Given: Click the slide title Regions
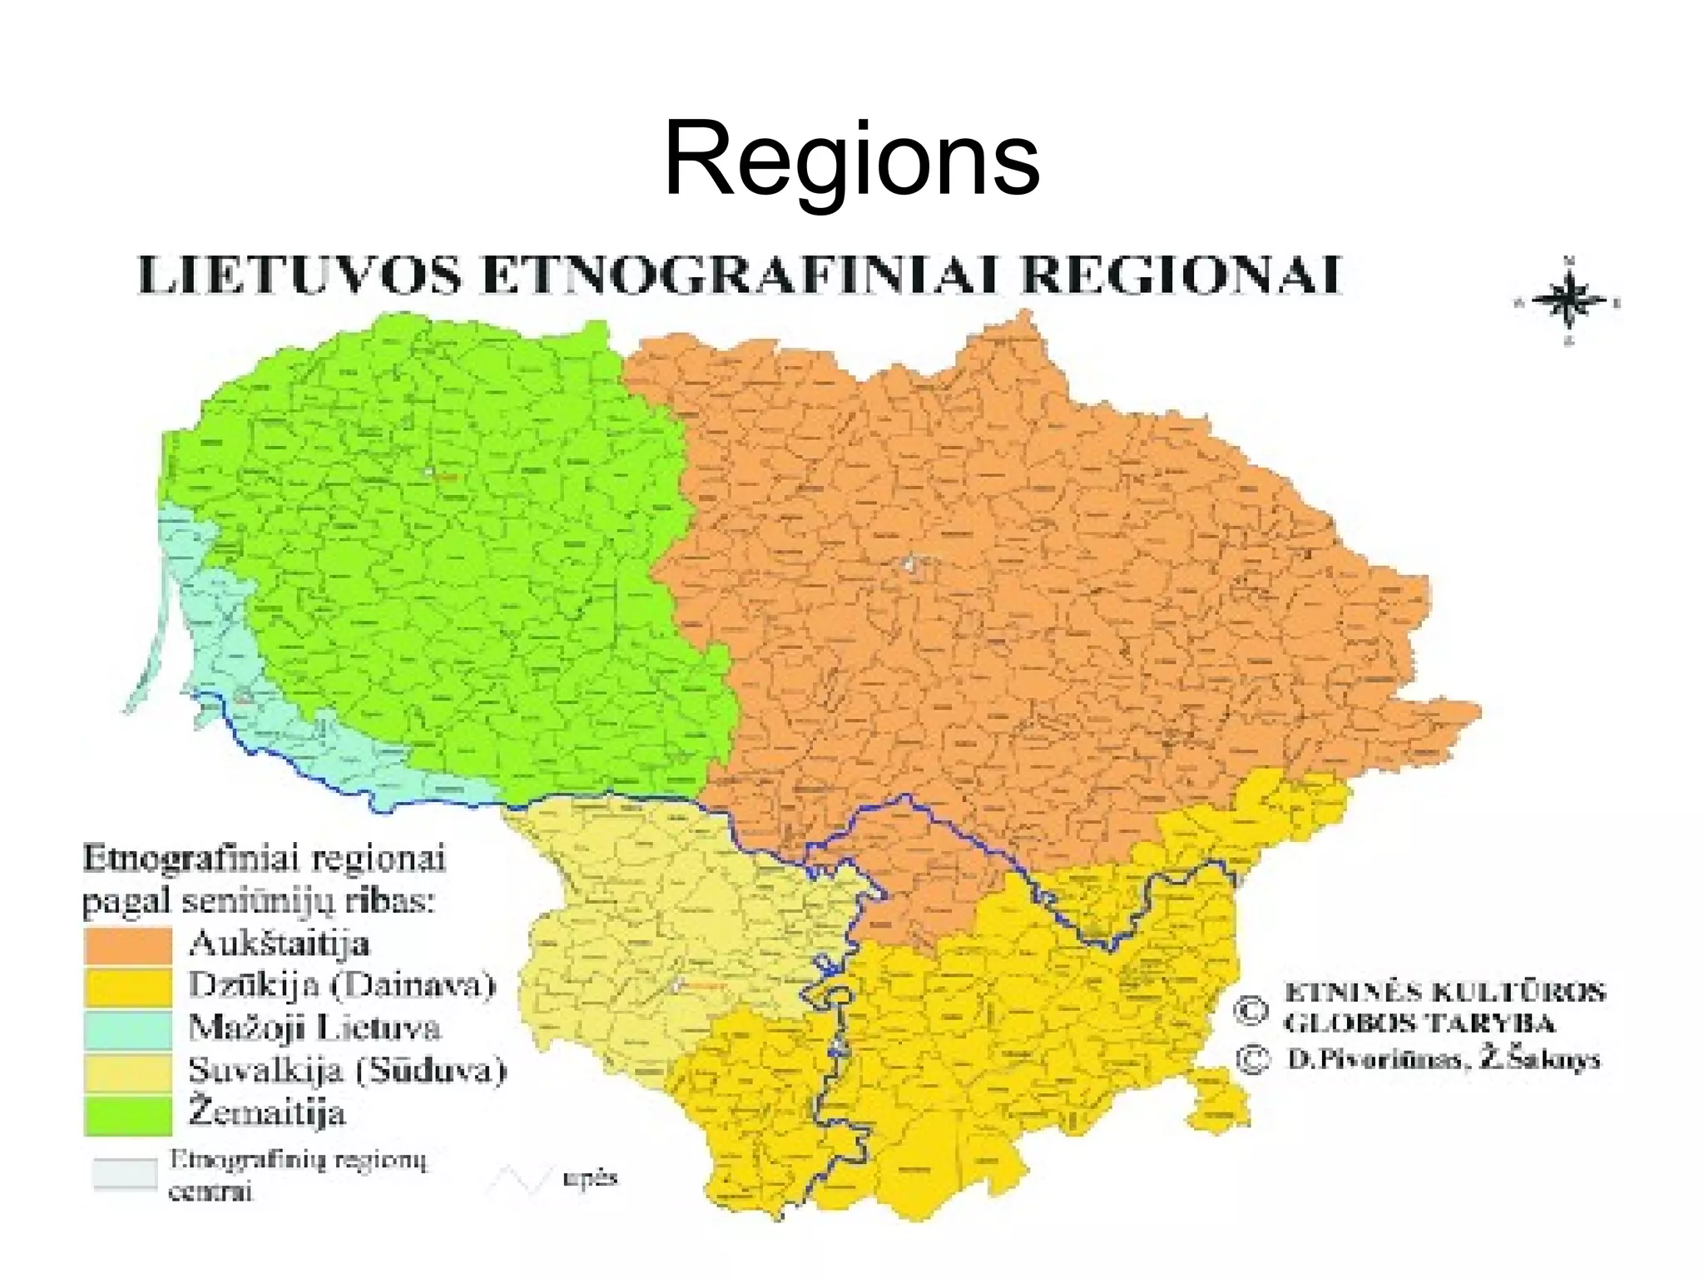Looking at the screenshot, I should (x=851, y=158).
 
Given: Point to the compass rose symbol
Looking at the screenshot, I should (x=1568, y=301).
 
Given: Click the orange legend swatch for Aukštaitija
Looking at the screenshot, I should (x=127, y=945).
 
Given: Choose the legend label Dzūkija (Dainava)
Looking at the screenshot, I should (x=342, y=986).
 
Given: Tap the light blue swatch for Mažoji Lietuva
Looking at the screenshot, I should (x=127, y=1028).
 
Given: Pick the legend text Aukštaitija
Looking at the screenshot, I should (x=279, y=944).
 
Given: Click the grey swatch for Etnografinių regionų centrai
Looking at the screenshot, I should (x=125, y=1174).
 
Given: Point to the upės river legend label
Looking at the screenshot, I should (x=590, y=1178).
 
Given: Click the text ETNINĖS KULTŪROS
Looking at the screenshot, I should (x=1444, y=993).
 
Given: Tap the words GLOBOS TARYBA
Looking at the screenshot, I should (x=1419, y=1023).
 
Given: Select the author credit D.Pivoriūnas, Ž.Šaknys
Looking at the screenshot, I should (x=1444, y=1060).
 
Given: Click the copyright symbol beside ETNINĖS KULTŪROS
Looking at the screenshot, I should (x=1251, y=1010).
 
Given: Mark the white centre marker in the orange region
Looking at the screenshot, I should (x=909, y=565).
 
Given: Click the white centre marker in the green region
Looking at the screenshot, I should (x=429, y=473).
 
